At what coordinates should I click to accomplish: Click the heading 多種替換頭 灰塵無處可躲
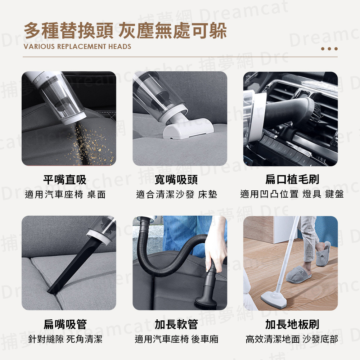(125, 31)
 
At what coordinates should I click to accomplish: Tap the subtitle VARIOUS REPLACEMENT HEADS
(77, 46)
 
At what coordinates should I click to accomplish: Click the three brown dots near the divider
(329, 49)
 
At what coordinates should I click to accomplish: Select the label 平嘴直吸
(65, 180)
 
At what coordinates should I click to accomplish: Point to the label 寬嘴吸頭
(176, 180)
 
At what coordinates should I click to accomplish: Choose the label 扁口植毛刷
(292, 179)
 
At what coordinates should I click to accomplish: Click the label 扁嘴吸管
(65, 324)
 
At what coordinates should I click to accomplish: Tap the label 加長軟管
(176, 324)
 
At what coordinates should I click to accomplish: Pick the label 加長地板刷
(292, 324)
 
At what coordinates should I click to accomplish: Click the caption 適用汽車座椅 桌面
(65, 194)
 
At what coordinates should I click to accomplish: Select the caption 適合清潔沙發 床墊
(176, 194)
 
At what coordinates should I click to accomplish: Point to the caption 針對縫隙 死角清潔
(65, 339)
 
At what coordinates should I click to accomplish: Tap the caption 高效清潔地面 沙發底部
(292, 339)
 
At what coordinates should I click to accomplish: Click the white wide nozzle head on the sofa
(189, 129)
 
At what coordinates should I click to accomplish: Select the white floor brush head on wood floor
(274, 298)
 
